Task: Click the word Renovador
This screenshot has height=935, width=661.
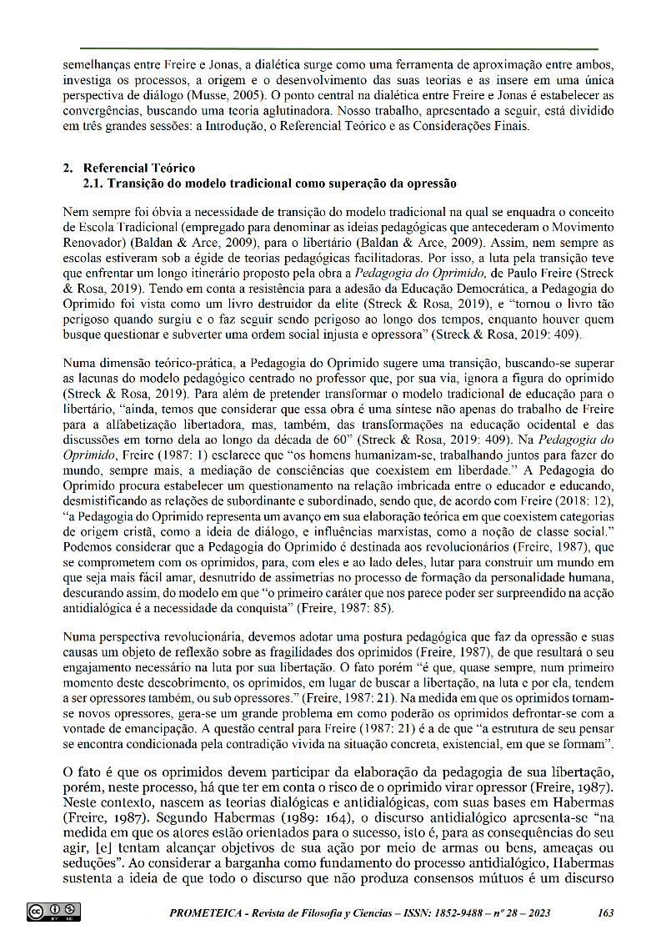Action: (93, 242)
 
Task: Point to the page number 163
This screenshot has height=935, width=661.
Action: (607, 912)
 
